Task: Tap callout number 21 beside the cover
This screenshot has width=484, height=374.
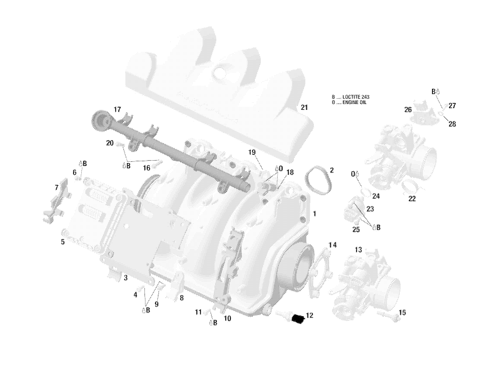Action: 303,108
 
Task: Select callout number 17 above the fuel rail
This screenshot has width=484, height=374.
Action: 117,110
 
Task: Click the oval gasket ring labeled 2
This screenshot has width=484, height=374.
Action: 318,179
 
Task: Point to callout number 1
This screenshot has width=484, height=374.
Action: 314,214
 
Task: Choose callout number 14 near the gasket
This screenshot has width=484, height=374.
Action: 333,245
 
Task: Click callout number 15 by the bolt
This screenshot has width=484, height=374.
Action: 402,313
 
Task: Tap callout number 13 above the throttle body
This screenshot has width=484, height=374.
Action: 358,250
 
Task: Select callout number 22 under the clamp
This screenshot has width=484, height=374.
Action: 412,199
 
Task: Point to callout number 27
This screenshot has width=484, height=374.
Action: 452,106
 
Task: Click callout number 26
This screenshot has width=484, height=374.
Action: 408,110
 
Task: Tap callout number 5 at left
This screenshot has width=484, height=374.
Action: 63,241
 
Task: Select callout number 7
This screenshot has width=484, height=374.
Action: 57,188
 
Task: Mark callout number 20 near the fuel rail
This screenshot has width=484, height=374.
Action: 110,143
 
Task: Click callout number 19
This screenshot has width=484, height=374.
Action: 252,153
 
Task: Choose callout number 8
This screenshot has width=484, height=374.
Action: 181,298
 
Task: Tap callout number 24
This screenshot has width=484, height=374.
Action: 376,196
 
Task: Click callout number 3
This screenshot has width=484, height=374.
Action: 125,278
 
